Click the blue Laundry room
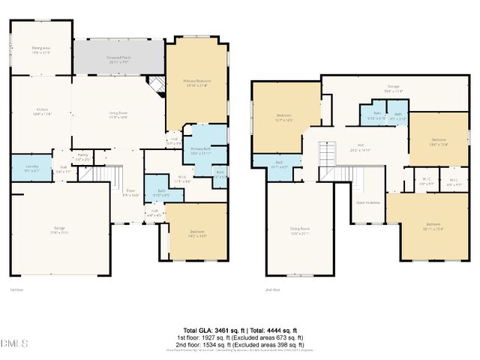coord(31,169)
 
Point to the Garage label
coord(59,229)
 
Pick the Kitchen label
coord(41,112)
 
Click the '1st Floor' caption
coord(16,289)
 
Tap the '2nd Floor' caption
coord(273,289)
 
